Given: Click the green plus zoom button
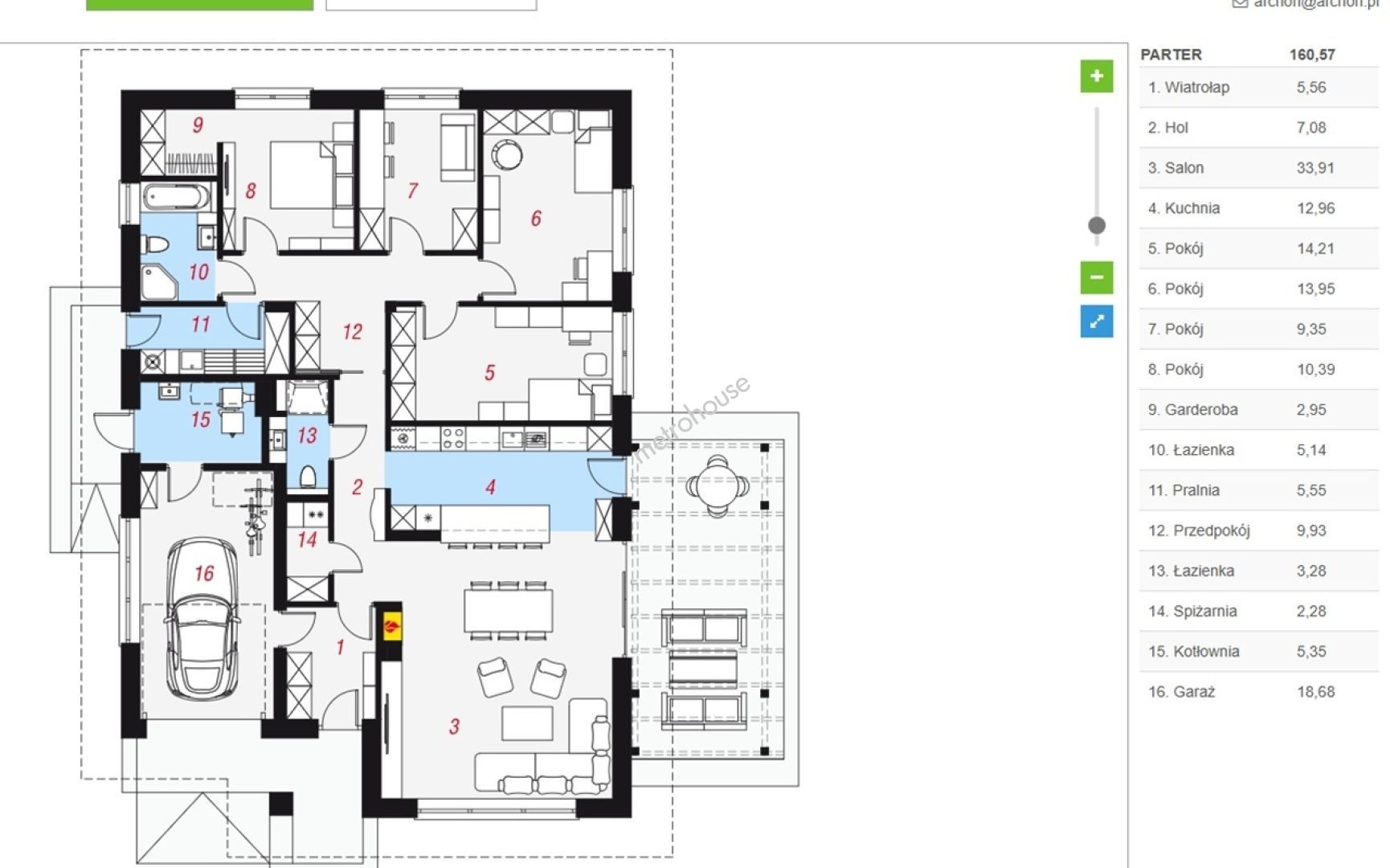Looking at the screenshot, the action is click(x=1096, y=76).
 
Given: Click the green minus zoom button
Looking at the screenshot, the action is click(x=1096, y=277).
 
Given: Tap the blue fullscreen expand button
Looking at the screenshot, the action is click(x=1096, y=321).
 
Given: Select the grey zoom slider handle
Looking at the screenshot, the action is click(x=1096, y=225).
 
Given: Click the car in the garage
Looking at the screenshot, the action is click(x=202, y=620).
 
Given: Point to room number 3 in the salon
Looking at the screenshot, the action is click(x=454, y=727).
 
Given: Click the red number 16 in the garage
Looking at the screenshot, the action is click(x=204, y=573).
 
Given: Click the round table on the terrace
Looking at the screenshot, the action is click(x=717, y=485).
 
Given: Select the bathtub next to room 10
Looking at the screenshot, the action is click(x=176, y=196).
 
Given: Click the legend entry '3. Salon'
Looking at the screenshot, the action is click(x=1175, y=168).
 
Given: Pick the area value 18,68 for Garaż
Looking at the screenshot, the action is click(x=1315, y=691).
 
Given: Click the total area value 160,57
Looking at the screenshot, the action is click(x=1312, y=55).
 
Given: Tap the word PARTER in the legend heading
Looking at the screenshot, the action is click(x=1171, y=55).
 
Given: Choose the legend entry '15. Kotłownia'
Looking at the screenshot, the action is click(x=1193, y=651).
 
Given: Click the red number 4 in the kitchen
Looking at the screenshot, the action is click(x=490, y=486).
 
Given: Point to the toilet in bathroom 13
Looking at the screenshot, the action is click(x=308, y=477).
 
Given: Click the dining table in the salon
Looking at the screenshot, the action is click(x=508, y=610).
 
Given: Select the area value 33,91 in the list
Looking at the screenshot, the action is click(x=1315, y=168).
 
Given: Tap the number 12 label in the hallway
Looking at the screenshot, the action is click(x=352, y=331).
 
